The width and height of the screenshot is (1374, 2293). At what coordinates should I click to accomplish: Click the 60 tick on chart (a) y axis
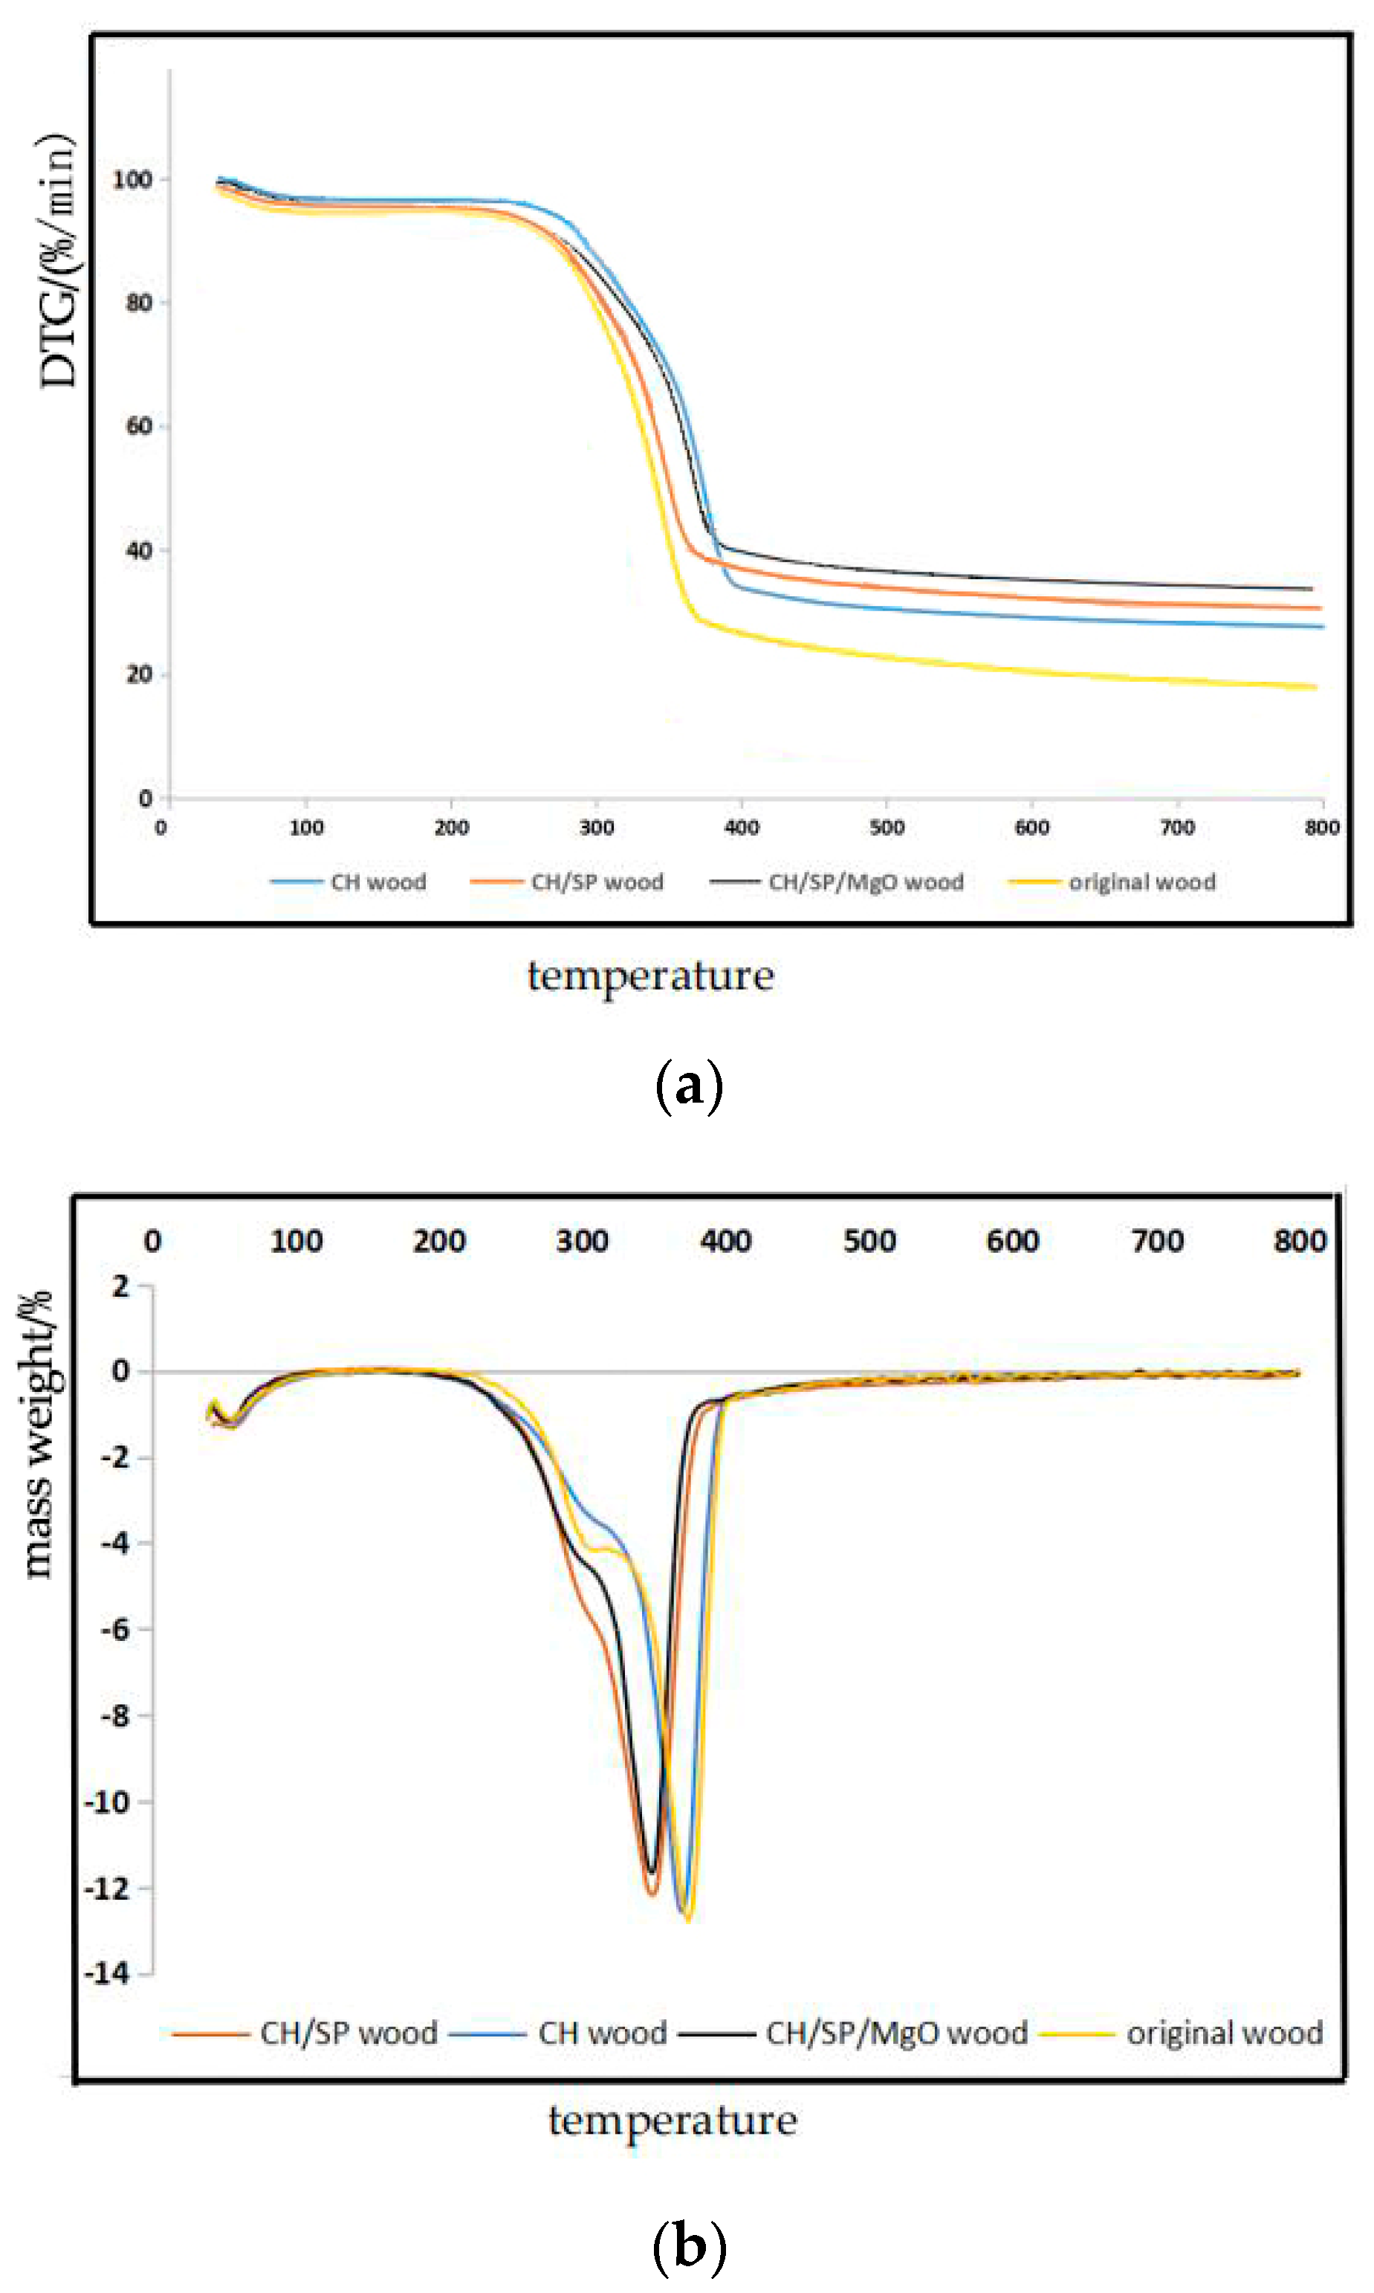139,426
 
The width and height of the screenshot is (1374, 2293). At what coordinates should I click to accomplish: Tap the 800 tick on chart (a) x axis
1322,827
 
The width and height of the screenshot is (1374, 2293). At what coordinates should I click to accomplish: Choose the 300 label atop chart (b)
583,1241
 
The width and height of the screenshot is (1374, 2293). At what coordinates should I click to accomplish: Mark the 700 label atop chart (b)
1157,1241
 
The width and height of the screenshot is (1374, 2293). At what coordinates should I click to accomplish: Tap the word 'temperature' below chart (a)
651,976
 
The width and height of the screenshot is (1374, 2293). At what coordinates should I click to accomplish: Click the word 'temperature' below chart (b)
673,2121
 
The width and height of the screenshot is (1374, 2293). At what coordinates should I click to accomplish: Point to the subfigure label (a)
688,1086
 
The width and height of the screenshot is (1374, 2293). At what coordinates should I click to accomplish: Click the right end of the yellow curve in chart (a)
1315,687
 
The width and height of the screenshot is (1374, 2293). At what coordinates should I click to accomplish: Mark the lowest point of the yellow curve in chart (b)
688,1919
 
